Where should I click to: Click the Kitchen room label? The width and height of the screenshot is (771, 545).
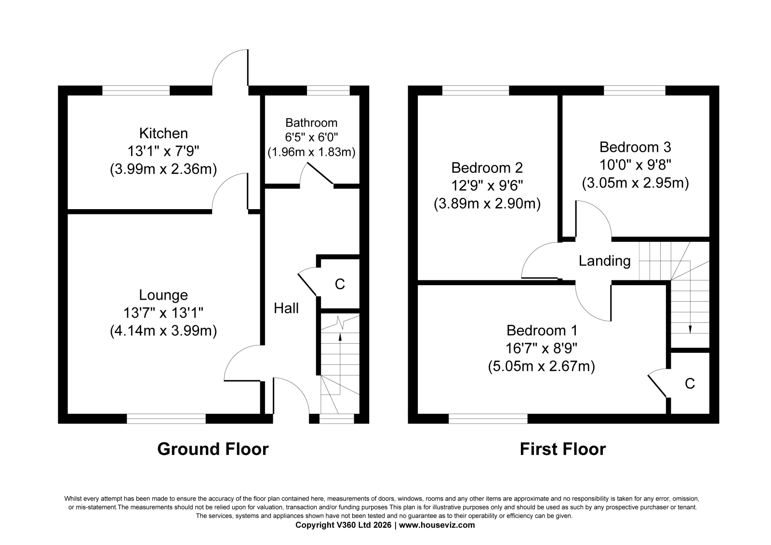(x=163, y=133)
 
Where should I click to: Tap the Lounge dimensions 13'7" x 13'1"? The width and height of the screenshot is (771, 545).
(x=163, y=313)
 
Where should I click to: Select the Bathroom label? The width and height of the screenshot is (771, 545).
(x=311, y=122)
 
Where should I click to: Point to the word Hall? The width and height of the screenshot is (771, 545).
(x=286, y=308)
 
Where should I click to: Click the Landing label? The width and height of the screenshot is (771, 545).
(x=604, y=261)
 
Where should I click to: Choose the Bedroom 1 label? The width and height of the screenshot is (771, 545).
(x=542, y=331)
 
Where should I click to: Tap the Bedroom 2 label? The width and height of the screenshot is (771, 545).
(x=487, y=168)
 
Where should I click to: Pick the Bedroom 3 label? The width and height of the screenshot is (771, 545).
(x=636, y=147)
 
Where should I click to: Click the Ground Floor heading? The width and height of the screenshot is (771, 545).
(x=213, y=449)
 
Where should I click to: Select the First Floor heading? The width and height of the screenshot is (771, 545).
(x=563, y=449)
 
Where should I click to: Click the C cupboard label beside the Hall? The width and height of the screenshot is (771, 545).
(x=340, y=284)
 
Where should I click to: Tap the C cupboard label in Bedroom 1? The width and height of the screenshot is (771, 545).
(x=690, y=383)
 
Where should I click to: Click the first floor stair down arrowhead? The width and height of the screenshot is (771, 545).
(x=690, y=330)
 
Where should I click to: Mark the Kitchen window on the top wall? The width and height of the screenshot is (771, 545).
(x=136, y=90)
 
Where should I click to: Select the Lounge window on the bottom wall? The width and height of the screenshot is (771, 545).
(x=166, y=419)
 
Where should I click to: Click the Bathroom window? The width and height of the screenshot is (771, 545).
(x=328, y=90)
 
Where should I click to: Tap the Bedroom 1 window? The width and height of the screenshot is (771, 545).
(x=488, y=419)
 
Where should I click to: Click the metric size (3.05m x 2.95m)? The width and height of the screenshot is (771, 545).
(x=636, y=183)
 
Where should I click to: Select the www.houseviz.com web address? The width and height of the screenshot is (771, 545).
(x=437, y=525)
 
